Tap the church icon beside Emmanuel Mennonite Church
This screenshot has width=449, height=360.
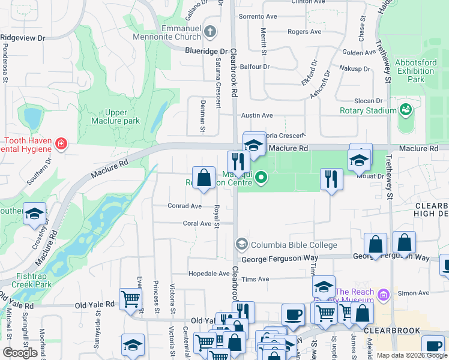(x=209, y=31)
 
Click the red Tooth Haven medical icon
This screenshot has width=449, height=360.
(x=61, y=144)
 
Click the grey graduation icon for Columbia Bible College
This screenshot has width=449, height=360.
(x=241, y=244)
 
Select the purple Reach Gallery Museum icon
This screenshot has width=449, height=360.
(x=385, y=293)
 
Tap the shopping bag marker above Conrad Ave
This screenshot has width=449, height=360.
(x=204, y=178)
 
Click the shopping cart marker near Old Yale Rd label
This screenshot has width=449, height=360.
(x=130, y=298)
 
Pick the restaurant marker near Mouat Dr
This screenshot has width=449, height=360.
(x=331, y=179)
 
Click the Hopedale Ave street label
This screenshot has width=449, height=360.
(x=209, y=273)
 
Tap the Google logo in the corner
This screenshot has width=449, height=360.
(x=20, y=353)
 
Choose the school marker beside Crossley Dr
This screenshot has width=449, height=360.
(x=35, y=214)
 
